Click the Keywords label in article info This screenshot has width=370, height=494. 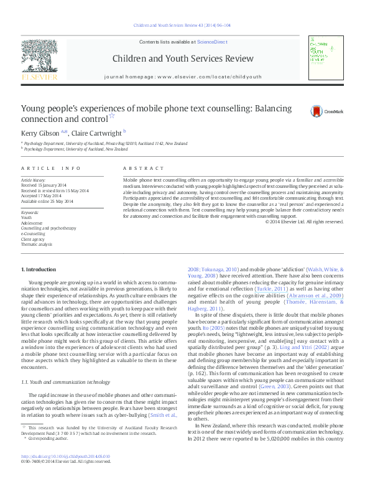tap(31, 213)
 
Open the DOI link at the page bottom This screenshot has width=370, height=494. tap(65, 473)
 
